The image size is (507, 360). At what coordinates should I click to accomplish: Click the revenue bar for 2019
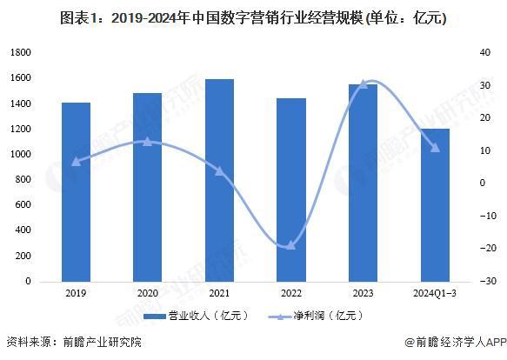point(76,192)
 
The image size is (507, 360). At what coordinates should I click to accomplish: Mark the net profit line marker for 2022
point(290,246)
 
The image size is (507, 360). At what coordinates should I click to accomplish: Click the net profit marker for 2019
point(76,162)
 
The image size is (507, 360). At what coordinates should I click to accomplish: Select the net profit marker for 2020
point(148,141)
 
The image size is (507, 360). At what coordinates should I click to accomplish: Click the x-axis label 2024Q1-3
point(435,294)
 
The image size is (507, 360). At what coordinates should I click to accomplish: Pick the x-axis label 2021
point(219,294)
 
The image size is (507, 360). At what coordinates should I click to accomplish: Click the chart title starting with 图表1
point(253,18)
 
